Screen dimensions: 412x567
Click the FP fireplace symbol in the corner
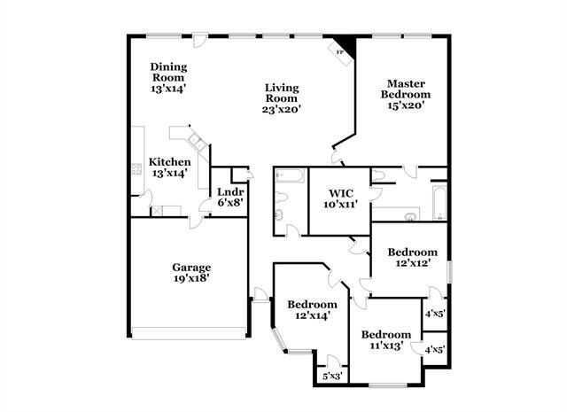[x=341, y=50]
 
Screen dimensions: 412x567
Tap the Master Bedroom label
[x=406, y=92]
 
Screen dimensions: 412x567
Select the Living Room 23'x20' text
[x=283, y=98]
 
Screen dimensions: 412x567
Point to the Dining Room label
[x=167, y=77]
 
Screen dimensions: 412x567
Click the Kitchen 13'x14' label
[x=169, y=167]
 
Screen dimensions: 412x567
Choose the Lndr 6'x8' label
[x=230, y=197]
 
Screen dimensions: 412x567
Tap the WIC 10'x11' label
[x=341, y=198]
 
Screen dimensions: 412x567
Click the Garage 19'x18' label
[x=190, y=272]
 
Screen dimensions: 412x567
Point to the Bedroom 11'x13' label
[x=385, y=339]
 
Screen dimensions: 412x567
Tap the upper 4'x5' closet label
[x=434, y=313]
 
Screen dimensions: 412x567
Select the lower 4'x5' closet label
[x=434, y=350]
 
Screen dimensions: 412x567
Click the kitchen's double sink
[x=195, y=139]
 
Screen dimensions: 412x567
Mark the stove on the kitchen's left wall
[x=137, y=168]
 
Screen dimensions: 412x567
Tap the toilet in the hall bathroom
[x=279, y=214]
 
